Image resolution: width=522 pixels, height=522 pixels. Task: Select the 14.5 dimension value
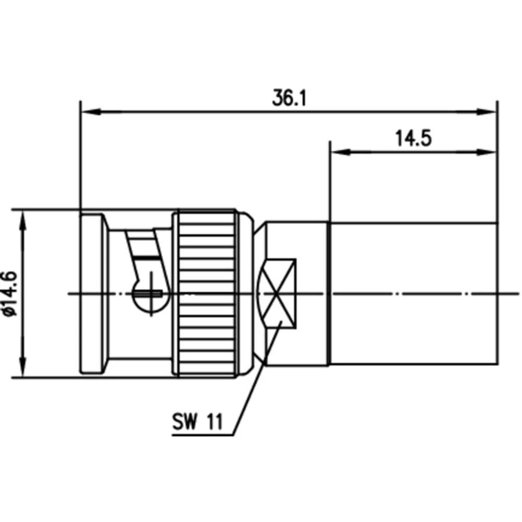413,139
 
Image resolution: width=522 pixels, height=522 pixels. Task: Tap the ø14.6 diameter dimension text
10,293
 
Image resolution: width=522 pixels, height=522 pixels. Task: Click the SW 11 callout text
196,422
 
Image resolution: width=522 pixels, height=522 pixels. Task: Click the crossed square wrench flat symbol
278,293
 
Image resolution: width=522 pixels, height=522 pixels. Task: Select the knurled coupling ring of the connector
206,293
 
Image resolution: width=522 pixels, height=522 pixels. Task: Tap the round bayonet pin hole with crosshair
151,293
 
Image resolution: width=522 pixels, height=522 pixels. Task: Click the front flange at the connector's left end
93,293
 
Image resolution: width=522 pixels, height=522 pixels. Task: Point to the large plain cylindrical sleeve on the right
412,293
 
